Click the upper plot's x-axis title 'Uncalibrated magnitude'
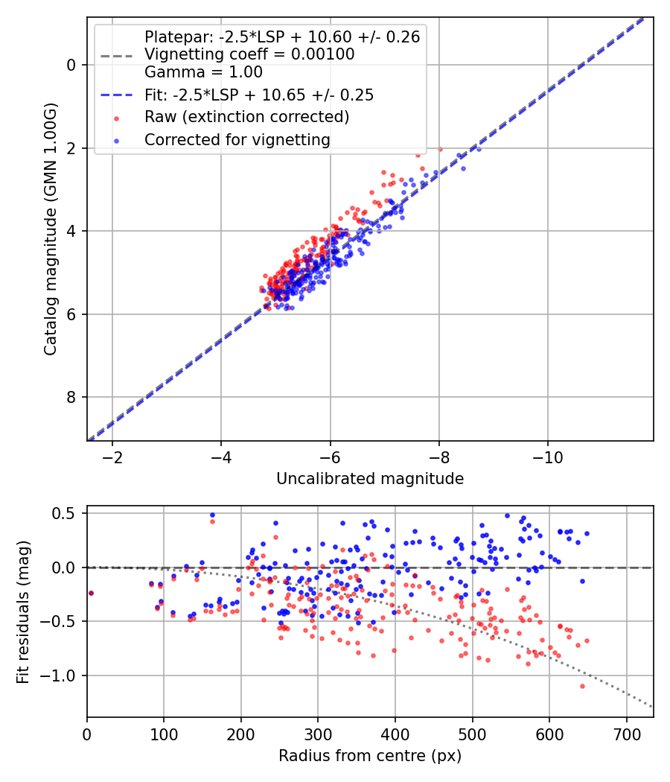click(x=370, y=479)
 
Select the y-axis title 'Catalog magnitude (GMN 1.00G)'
click(x=51, y=229)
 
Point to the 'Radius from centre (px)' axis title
click(x=370, y=756)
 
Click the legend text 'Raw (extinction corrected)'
click(x=247, y=117)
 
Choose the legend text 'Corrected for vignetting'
click(x=237, y=139)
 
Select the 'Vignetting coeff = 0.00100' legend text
click(x=249, y=54)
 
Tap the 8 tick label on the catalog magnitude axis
click(x=71, y=397)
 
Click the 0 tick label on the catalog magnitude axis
click(x=71, y=65)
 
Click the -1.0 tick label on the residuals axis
click(x=63, y=675)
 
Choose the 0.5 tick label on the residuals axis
click(x=66, y=513)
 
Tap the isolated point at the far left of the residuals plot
click(x=91, y=593)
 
